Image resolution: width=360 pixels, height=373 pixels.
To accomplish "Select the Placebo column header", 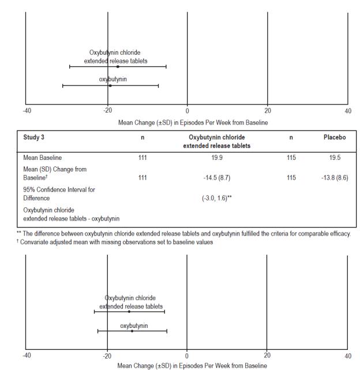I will pos(335,139).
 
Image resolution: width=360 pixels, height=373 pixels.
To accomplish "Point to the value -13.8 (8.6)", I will pos(334,177).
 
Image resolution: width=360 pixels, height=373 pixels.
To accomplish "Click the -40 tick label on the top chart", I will pos(27,110).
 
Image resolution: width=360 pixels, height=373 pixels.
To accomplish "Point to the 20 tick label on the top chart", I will pos(267,110).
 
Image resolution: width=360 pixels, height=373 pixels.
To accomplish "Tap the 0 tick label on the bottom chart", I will pos(186,355).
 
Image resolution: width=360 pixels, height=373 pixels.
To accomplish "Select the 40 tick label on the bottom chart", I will pos(347,355).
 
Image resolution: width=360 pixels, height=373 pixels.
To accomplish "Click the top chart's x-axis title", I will pos(187,122).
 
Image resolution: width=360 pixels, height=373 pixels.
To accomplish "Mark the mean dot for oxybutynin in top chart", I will pos(110,85).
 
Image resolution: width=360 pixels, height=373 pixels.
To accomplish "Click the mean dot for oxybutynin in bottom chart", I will pos(132,331).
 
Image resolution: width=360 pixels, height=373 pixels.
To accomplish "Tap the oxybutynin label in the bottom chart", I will pos(134,326).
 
